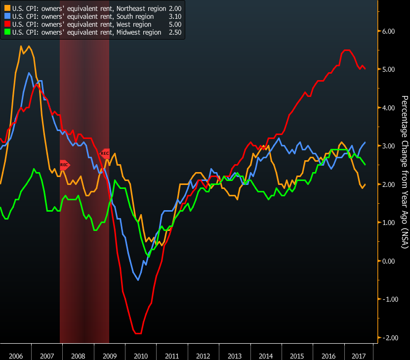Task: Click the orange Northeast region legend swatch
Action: coord(7,8)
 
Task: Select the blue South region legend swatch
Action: coord(7,16)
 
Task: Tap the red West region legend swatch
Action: coord(7,24)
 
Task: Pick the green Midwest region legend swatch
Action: coord(7,32)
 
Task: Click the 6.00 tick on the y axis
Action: coord(389,31)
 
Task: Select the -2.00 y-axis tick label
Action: coord(388,338)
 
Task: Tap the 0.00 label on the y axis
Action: coord(389,261)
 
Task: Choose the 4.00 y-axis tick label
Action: coord(389,108)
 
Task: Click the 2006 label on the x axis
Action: coord(15,356)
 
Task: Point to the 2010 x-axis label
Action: coord(141,356)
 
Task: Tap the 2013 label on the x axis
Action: coord(235,356)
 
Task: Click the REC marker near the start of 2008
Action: coord(64,164)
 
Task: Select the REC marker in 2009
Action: coord(105,153)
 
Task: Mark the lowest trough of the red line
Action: coord(138,333)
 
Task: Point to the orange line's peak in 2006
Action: coord(21,46)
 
